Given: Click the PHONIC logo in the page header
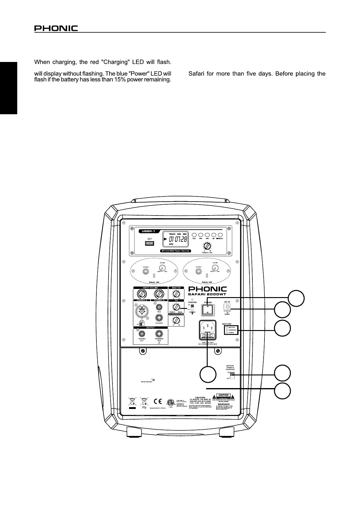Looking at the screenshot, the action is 56,28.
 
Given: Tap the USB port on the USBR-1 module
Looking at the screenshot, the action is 149,243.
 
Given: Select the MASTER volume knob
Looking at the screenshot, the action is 176,293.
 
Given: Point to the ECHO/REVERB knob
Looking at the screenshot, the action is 176,320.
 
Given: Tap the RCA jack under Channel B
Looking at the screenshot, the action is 159,307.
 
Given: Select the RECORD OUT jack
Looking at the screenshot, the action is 142,334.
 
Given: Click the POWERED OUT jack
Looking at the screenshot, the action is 159,334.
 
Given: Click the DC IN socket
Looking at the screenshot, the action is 226,306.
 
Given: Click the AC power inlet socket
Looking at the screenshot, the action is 207,327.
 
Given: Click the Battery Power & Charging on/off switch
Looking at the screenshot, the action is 232,375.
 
